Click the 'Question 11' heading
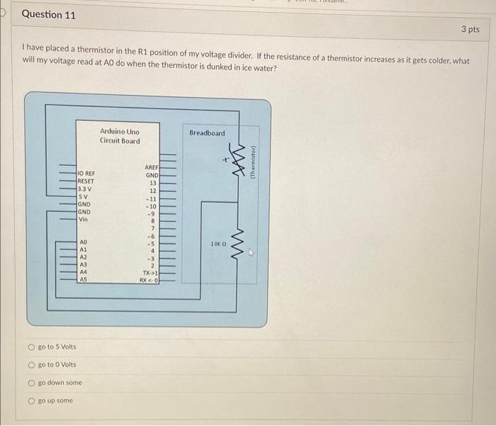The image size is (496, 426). click(49, 14)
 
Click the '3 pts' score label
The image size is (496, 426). click(470, 29)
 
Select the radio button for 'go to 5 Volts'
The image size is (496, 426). click(31, 347)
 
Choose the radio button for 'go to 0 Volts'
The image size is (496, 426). click(31, 364)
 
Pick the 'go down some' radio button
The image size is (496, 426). click(31, 382)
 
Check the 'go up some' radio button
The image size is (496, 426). click(31, 400)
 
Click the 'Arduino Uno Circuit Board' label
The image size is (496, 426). click(120, 136)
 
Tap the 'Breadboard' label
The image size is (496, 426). click(207, 133)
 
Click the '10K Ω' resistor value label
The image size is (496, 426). click(218, 244)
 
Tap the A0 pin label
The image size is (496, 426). click(84, 242)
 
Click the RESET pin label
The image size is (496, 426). click(86, 181)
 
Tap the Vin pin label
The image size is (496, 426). click(83, 219)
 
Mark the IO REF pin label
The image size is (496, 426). click(86, 173)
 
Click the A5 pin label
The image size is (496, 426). click(84, 279)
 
